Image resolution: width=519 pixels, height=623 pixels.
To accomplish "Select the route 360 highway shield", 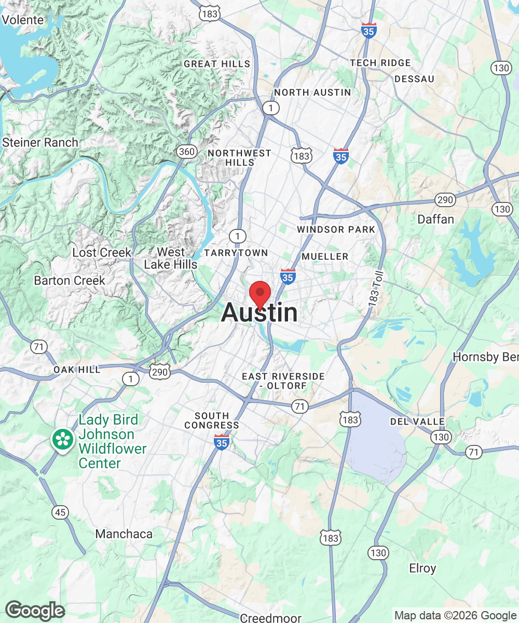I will pyautogui.click(x=187, y=152).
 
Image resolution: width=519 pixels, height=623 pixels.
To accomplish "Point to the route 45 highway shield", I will pyautogui.click(x=60, y=512).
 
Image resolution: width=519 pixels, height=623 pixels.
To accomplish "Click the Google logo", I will pyautogui.click(x=35, y=611).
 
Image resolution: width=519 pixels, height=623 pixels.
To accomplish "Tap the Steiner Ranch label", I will pyautogui.click(x=40, y=142).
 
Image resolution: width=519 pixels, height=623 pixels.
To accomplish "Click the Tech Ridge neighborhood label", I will pyautogui.click(x=380, y=63).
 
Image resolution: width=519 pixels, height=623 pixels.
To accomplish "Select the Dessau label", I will pyautogui.click(x=414, y=79).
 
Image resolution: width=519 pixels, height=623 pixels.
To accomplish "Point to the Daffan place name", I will pyautogui.click(x=436, y=220).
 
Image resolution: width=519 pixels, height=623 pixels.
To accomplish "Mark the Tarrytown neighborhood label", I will pyautogui.click(x=236, y=253).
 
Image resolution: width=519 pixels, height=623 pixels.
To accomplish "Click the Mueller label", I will pyautogui.click(x=325, y=256).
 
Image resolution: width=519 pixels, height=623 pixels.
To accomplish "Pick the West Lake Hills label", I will pyautogui.click(x=171, y=259).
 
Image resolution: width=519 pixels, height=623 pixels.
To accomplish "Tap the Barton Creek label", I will pyautogui.click(x=70, y=280).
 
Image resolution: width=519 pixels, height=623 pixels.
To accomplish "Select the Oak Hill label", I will pyautogui.click(x=77, y=370).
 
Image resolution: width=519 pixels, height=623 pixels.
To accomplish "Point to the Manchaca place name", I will pyautogui.click(x=124, y=534).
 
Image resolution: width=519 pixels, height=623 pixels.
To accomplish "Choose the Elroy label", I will pyautogui.click(x=422, y=568).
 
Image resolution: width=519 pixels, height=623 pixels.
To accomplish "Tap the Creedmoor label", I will pyautogui.click(x=270, y=618).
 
